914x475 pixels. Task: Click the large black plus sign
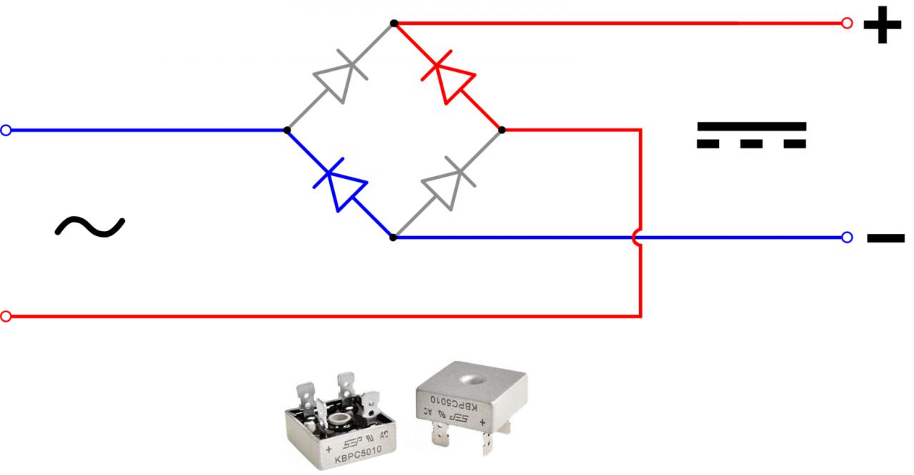click(883, 27)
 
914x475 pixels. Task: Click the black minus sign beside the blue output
click(885, 238)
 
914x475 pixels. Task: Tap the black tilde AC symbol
click(90, 226)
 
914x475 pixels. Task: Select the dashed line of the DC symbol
click(751, 144)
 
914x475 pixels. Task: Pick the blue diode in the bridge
click(340, 183)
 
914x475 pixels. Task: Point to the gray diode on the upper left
click(340, 76)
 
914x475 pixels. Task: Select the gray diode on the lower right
click(448, 183)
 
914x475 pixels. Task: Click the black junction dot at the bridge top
click(393, 24)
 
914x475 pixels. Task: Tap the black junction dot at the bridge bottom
click(393, 237)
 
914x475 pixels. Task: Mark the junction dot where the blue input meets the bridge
click(286, 131)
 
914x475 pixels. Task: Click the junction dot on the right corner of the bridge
click(502, 130)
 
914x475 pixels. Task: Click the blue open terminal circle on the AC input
click(6, 131)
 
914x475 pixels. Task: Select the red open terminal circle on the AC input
click(6, 316)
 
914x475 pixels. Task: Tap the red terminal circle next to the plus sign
click(847, 24)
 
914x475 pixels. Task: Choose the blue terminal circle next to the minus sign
click(847, 237)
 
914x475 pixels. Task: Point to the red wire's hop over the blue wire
click(638, 238)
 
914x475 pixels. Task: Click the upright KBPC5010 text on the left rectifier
click(358, 454)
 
